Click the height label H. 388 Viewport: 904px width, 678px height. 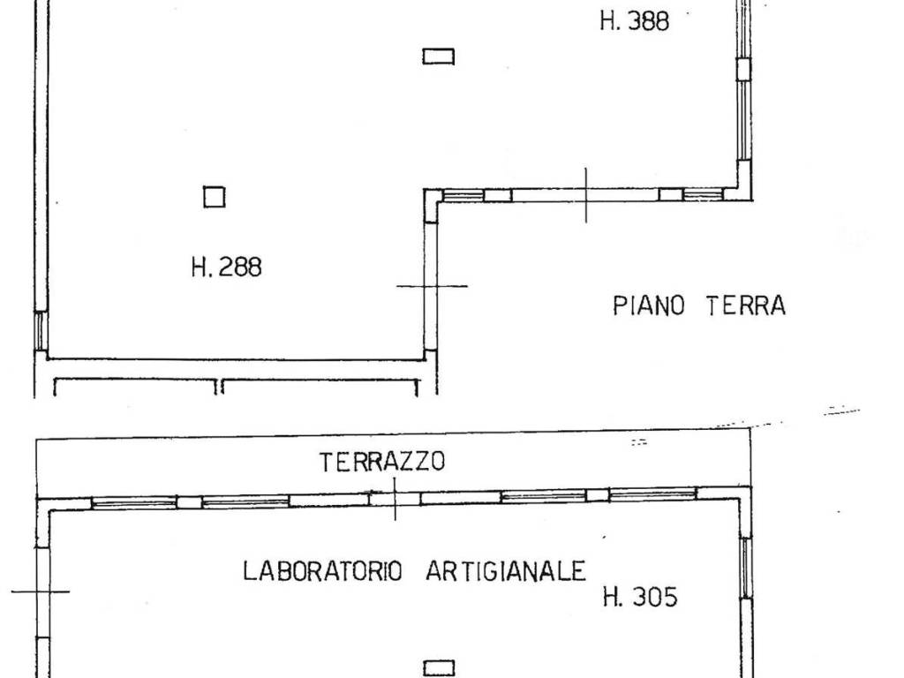(634, 21)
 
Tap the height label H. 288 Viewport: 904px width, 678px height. (226, 267)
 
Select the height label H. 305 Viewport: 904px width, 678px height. (640, 598)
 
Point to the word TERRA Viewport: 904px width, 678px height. (746, 306)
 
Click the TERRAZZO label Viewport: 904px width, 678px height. (382, 462)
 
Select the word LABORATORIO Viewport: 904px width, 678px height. (322, 571)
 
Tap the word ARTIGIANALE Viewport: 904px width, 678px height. (506, 571)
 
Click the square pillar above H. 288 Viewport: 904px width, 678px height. (214, 197)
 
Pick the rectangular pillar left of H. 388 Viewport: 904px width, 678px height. (438, 56)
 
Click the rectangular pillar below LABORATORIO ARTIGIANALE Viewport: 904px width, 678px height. (439, 668)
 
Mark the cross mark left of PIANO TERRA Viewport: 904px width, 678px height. (432, 286)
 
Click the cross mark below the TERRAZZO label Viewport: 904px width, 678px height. (395, 499)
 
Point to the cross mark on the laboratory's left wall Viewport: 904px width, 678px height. (41, 591)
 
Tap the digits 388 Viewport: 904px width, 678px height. (647, 21)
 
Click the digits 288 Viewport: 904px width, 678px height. (239, 267)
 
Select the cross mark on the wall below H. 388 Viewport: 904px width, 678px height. (586, 195)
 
